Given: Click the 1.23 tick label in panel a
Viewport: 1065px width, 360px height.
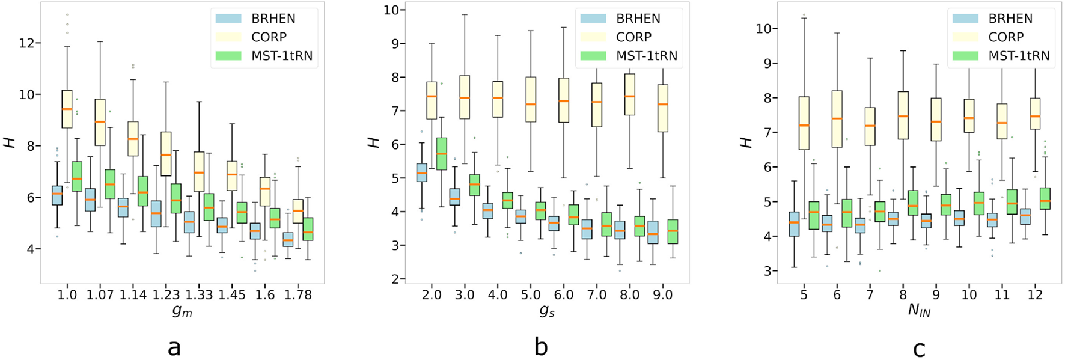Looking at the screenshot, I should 166,295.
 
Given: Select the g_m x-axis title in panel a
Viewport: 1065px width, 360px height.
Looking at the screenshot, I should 182,312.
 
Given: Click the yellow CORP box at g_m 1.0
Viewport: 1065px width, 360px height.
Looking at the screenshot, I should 67,109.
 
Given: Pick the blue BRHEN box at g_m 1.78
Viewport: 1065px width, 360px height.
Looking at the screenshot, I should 288,239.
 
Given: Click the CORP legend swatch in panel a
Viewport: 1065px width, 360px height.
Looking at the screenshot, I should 228,37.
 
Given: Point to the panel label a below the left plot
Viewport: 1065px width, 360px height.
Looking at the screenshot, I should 174,347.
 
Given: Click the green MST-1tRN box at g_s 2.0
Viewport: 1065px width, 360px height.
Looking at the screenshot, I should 441,154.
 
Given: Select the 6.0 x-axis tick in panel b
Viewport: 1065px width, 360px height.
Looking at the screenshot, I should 563,295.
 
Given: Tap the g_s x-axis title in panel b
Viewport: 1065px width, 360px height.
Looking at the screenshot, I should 547,312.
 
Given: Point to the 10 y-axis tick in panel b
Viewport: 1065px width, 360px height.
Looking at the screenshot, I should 392,10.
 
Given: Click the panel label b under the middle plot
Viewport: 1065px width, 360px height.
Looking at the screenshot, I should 541,347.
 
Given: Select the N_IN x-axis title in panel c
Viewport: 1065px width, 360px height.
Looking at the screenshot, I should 918,312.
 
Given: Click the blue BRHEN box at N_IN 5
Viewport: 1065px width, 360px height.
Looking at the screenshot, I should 793,224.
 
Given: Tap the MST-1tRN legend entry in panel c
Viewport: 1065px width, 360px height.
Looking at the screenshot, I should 1019,56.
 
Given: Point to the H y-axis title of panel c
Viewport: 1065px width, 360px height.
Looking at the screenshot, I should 746,142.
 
